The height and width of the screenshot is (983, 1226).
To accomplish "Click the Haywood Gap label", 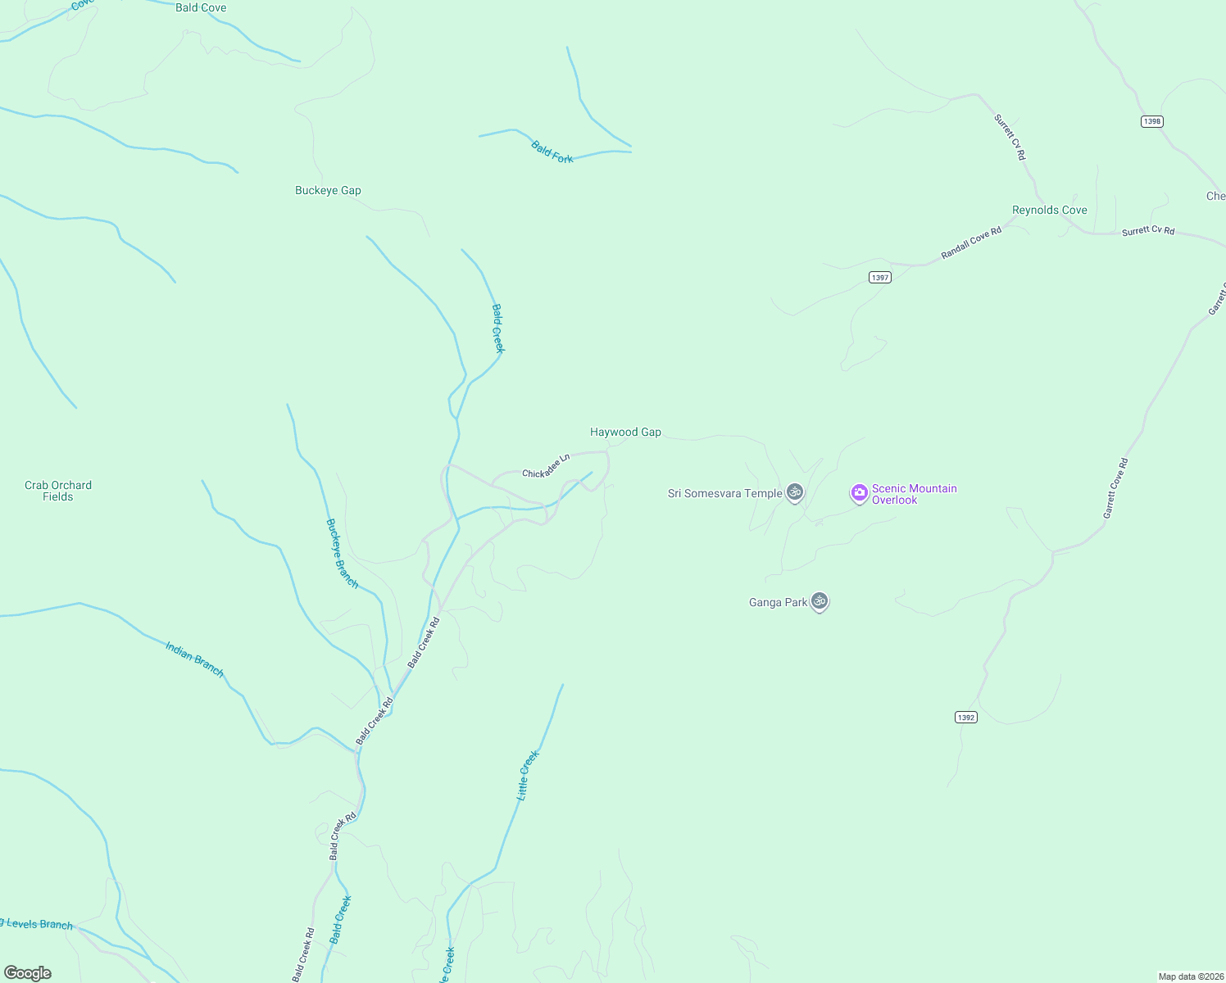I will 625,432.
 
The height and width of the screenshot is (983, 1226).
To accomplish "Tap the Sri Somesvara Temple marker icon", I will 794,492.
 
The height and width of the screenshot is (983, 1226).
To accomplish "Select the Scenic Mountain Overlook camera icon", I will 859,493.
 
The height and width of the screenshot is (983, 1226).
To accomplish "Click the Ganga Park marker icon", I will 819,601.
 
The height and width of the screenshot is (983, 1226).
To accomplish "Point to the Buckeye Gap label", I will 328,190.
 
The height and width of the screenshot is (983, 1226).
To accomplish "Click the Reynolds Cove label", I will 1049,210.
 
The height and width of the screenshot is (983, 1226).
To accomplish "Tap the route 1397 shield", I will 879,278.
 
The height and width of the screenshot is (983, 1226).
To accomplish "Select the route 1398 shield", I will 1151,121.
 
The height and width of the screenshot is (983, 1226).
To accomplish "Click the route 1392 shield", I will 965,718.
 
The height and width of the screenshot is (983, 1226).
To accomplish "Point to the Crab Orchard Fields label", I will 58,491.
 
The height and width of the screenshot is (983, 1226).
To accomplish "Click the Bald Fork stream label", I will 552,152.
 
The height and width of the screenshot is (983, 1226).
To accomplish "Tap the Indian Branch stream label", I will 194,659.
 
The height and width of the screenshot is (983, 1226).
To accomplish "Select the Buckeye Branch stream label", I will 342,553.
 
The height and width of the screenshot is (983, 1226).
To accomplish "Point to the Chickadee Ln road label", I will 546,466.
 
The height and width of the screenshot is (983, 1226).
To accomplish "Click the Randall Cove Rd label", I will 971,243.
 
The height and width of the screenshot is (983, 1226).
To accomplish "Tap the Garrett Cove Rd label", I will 1115,488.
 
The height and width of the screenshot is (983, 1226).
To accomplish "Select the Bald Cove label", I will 201,7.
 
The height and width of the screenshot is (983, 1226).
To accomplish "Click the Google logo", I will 28,973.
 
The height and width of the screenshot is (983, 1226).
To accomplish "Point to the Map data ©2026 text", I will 1191,976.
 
